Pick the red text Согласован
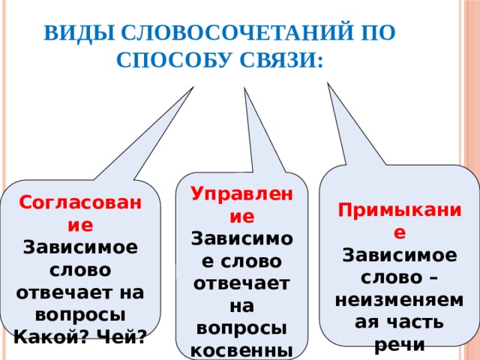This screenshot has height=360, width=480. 80,202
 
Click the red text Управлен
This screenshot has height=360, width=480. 241,193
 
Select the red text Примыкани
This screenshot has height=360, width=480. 400,211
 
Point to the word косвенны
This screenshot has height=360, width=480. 241,351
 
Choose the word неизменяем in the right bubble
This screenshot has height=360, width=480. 400,300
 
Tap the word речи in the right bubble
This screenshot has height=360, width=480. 400,345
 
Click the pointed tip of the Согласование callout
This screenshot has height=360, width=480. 193,87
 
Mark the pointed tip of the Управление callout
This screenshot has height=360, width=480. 244,88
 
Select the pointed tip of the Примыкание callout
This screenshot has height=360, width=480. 328,82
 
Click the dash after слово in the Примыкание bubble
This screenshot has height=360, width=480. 433,279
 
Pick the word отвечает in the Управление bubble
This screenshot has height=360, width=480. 241,283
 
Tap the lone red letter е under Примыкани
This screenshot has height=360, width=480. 400,233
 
